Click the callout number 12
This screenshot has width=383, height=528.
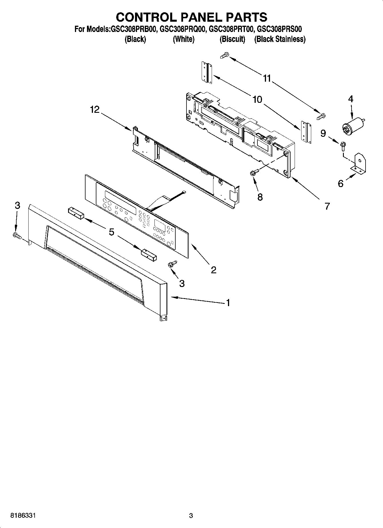pyautogui.click(x=95, y=109)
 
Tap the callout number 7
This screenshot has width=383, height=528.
pyautogui.click(x=327, y=206)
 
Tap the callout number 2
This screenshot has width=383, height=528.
pyautogui.click(x=213, y=270)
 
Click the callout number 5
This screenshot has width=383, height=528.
pyautogui.click(x=112, y=232)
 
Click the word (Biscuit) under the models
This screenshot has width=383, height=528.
pyautogui.click(x=232, y=39)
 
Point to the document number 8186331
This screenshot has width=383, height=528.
pyautogui.click(x=23, y=516)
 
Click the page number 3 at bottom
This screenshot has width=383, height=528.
pyautogui.click(x=191, y=516)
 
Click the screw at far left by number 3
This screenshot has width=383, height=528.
pyautogui.click(x=17, y=235)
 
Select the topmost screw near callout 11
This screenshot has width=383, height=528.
pyautogui.click(x=225, y=55)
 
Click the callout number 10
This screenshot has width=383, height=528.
pyautogui.click(x=257, y=99)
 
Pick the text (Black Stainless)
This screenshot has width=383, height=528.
pyautogui.click(x=280, y=39)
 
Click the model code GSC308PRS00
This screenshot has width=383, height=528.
pyautogui.click(x=279, y=29)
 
